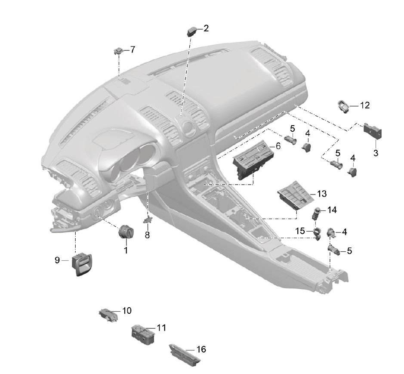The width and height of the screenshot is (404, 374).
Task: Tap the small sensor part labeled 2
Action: click(x=192, y=31)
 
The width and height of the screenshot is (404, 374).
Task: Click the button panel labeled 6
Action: click(x=250, y=160)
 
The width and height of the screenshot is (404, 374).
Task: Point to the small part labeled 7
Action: click(x=118, y=51)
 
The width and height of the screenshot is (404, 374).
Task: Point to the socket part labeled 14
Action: click(x=318, y=212)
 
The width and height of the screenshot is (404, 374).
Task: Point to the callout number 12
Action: click(x=365, y=105)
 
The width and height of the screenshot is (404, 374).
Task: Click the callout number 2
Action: click(x=206, y=29)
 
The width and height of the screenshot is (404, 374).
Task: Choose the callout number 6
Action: click(x=278, y=146)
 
